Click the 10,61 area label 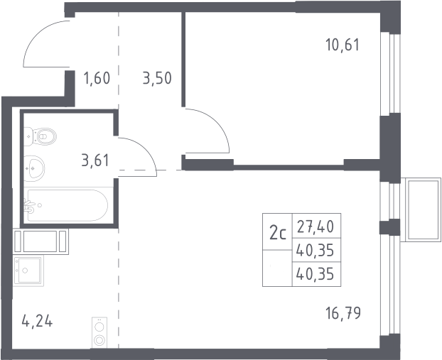[x=343, y=45]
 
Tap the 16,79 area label [x=343, y=313]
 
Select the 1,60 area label [x=97, y=78]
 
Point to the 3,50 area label [x=157, y=78]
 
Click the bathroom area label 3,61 [x=95, y=160]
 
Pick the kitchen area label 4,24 [x=37, y=321]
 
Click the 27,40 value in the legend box [x=316, y=227]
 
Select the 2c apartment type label [x=278, y=233]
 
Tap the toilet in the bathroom [x=40, y=136]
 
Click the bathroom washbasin [x=34, y=168]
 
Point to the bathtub [x=66, y=205]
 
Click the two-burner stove [x=99, y=332]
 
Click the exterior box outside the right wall [x=421, y=210]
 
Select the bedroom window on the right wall [x=390, y=73]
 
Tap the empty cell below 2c [x=277, y=268]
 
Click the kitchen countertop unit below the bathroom [x=41, y=241]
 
